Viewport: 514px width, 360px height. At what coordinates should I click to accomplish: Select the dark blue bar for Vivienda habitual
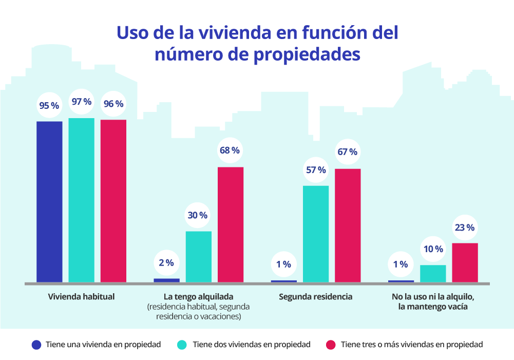click(x=49, y=201)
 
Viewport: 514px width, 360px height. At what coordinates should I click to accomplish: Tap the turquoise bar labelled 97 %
click(x=81, y=200)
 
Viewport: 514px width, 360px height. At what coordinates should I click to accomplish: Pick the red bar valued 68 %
click(x=231, y=224)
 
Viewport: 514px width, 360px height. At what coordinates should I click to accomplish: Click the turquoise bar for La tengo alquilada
click(x=199, y=256)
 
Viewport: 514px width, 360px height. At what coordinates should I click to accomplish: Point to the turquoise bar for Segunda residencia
click(x=316, y=233)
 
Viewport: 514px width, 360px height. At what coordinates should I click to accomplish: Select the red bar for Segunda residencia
click(x=348, y=225)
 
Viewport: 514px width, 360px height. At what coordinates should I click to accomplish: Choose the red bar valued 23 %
click(x=465, y=262)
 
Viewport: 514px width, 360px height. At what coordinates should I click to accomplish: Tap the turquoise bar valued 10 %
click(x=433, y=273)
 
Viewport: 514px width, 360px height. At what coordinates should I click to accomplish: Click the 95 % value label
click(x=49, y=106)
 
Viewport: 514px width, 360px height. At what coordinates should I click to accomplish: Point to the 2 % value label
click(x=166, y=262)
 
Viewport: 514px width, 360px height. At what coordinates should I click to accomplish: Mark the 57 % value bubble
click(x=316, y=170)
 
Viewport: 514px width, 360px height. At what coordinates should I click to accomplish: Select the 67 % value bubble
click(x=348, y=153)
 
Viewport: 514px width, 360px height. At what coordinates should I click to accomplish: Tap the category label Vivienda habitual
click(x=81, y=297)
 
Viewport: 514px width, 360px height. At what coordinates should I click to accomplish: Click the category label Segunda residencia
click(x=316, y=297)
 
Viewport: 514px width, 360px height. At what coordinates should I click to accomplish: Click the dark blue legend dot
click(x=36, y=345)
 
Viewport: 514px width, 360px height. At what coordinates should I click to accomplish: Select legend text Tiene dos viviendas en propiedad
click(x=251, y=345)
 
